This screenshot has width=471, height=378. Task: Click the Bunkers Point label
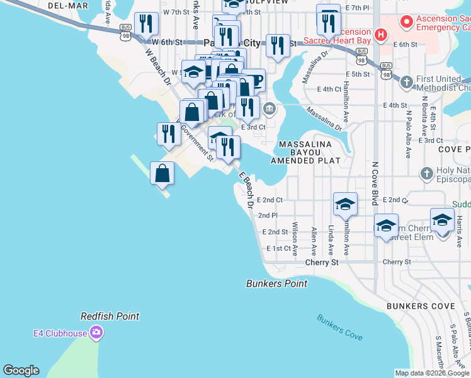(x=276, y=283)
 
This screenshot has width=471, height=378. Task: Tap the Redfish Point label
(x=110, y=316)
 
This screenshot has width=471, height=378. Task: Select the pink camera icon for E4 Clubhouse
(x=96, y=331)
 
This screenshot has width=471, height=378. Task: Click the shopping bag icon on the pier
(x=162, y=172)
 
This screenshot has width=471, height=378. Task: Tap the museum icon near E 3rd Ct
(x=270, y=109)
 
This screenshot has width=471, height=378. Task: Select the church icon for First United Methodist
(x=407, y=82)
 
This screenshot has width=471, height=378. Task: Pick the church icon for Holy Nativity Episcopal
(x=426, y=173)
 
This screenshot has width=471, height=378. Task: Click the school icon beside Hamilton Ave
(x=345, y=203)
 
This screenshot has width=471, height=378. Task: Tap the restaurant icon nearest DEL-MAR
(x=146, y=24)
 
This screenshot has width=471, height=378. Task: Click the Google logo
(x=21, y=370)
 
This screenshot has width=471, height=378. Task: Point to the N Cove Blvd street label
(x=374, y=183)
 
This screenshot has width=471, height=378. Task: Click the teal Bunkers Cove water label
(x=339, y=327)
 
